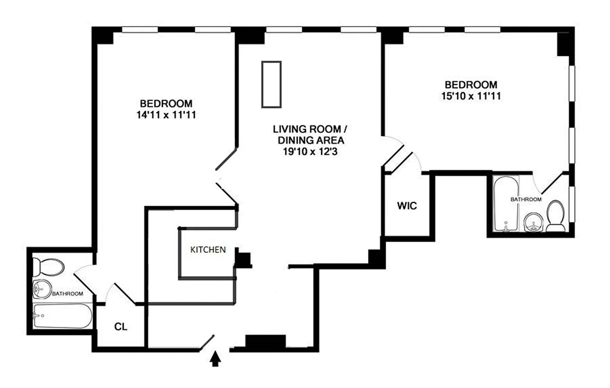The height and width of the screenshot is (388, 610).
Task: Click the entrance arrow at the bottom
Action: coord(215,358)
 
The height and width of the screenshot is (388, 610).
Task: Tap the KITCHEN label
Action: coord(208,249)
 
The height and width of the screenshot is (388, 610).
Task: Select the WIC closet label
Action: coord(407,206)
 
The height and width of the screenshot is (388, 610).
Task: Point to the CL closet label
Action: coord(121,326)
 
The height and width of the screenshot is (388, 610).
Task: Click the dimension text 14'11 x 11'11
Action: coord(166,115)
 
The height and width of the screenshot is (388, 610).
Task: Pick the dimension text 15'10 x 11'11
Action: coord(471,96)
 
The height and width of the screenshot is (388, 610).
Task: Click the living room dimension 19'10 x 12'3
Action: coord(310,151)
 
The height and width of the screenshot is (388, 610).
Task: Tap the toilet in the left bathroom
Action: coord(48,267)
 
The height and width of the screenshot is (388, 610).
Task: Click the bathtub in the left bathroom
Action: coord(63,316)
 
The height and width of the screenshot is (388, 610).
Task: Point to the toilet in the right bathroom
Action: coord(556,216)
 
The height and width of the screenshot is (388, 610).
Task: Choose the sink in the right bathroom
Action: coord(533,222)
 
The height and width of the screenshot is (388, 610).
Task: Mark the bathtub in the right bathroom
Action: coord(506,204)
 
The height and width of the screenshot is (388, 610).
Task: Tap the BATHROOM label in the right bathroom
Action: coord(526,199)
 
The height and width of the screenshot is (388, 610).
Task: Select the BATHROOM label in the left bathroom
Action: coord(67,293)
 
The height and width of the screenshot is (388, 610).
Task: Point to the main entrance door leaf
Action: coord(207,342)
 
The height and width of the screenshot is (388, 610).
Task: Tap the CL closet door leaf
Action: coord(125,293)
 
